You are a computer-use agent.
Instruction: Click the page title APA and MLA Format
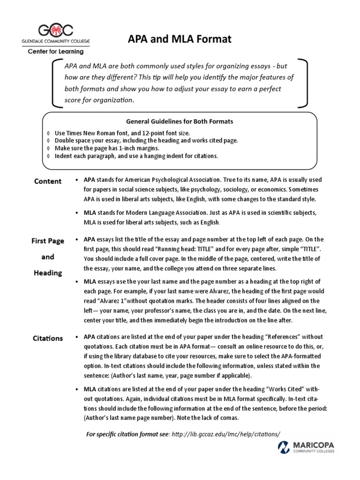tap(180, 39)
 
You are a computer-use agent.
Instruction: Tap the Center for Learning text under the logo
tap(54, 52)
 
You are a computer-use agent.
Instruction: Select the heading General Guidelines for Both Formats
tap(180, 121)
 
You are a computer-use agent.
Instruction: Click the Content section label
tap(47, 181)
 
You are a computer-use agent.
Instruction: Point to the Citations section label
tap(47, 338)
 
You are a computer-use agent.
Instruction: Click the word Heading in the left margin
tap(48, 273)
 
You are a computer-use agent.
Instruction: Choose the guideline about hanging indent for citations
tap(136, 156)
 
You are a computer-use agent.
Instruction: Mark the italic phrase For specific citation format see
tap(128, 434)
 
